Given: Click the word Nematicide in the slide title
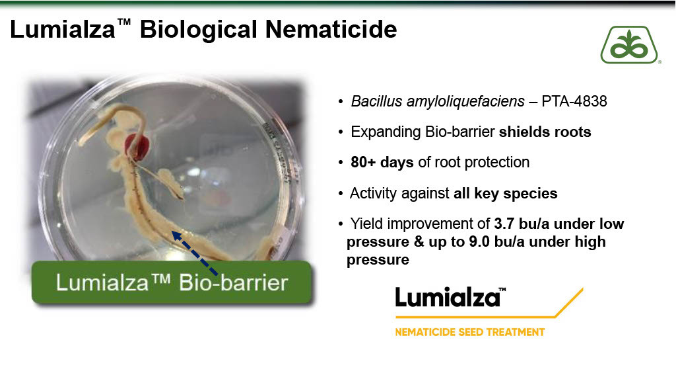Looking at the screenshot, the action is [331, 29].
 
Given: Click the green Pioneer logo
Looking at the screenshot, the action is [630, 45].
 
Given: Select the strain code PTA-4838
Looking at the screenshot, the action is [574, 101].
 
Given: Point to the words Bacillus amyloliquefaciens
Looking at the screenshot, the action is [438, 101].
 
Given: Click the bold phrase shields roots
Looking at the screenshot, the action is [545, 132].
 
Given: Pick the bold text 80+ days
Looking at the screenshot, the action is [382, 163].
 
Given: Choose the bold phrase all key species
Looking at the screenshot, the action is [505, 194].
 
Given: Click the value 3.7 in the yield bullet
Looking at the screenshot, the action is [504, 224].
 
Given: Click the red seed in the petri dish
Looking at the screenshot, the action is [137, 147].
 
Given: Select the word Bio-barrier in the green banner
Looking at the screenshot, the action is [233, 283].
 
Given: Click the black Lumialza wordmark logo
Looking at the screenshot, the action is [450, 298].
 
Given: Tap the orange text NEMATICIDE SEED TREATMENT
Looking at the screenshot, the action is [470, 332].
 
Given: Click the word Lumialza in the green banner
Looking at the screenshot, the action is [102, 283].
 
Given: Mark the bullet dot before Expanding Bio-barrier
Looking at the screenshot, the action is [341, 132].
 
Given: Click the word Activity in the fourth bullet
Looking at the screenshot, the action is [378, 194].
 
